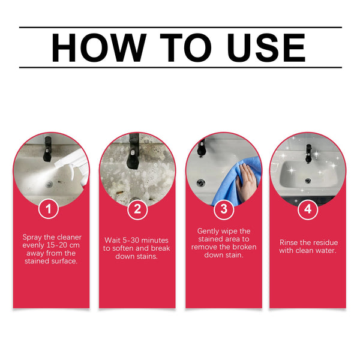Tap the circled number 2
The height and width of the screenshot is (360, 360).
pyautogui.click(x=137, y=209)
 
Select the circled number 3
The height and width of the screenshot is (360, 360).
pyautogui.click(x=223, y=209)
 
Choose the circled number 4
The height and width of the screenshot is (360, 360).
pyautogui.click(x=308, y=209)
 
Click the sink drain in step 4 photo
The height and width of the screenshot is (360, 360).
pyautogui.click(x=308, y=180)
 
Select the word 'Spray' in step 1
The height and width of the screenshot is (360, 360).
pyautogui.click(x=32, y=237)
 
